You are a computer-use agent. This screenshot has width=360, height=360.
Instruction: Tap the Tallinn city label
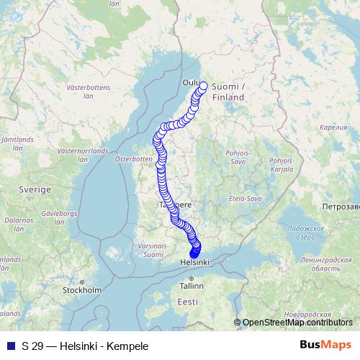pyautogui.click(x=192, y=286)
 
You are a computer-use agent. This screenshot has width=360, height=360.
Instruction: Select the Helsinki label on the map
pyautogui.click(x=194, y=264)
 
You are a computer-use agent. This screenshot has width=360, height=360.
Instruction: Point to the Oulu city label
pyautogui.click(x=192, y=82)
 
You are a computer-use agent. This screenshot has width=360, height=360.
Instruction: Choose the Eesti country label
pyautogui.click(x=188, y=301)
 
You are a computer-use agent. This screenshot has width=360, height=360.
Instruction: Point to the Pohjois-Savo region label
pyautogui.click(x=238, y=157)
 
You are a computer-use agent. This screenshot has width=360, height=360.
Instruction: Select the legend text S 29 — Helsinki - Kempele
pyautogui.click(x=85, y=346)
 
